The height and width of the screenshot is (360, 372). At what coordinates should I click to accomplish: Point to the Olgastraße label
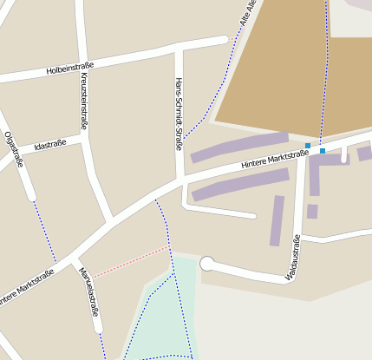click(x=13, y=148)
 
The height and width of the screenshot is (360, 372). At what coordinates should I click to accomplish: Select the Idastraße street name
click(x=49, y=146)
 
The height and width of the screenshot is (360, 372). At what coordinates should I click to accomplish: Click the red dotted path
click(x=130, y=262)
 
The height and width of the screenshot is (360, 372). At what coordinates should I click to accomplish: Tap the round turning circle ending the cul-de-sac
click(x=207, y=264)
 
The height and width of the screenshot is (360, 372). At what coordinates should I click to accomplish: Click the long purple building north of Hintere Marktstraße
click(x=238, y=147)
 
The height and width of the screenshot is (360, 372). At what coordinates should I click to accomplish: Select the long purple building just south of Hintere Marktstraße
click(x=240, y=184)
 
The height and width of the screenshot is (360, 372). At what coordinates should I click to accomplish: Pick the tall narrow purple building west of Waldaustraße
click(x=277, y=220)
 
